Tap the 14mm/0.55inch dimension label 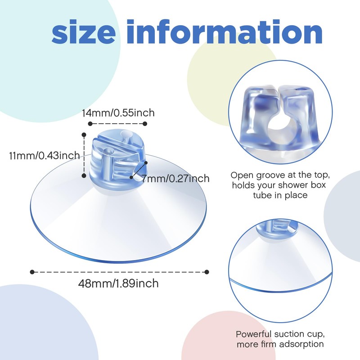118,113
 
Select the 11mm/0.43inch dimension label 44,156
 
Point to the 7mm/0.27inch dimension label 175,178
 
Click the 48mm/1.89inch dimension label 118,283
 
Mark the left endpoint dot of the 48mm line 32,272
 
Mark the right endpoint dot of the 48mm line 207,272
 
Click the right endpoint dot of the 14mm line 145,124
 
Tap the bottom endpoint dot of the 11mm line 84,175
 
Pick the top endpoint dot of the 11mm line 84,135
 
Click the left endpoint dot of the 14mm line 90,124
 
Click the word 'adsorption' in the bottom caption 298,344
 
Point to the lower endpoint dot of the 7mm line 131,177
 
